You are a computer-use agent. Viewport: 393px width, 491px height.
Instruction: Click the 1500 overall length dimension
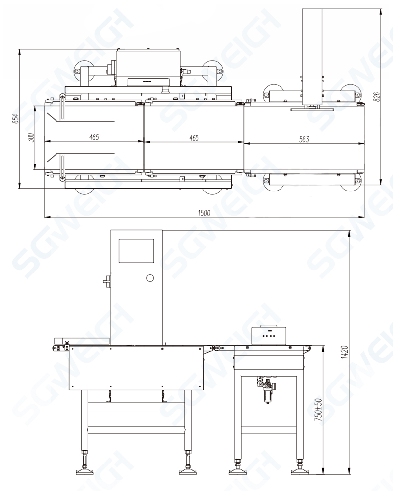204,213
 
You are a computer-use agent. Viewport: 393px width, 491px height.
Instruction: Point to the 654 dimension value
15,118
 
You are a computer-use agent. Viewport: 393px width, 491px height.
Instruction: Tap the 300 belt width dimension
31,137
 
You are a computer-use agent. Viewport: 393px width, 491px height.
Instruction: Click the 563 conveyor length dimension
304,139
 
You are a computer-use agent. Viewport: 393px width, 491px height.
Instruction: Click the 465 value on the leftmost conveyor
94,137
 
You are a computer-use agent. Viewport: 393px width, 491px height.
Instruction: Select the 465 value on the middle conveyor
194,137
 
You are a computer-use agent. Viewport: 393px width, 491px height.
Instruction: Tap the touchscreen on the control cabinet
136,251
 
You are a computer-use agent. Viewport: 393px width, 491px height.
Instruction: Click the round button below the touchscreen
150,278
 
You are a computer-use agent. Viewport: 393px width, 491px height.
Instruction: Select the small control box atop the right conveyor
269,335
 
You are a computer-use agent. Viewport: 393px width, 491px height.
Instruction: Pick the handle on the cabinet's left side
106,282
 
